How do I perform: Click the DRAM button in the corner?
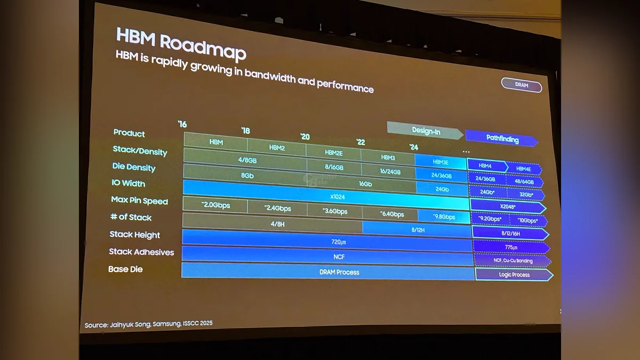(x=521, y=85)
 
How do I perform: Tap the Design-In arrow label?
(x=426, y=131)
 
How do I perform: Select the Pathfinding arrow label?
(x=502, y=139)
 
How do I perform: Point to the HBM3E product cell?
(x=441, y=162)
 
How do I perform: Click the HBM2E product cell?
(x=333, y=152)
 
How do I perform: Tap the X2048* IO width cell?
(x=507, y=206)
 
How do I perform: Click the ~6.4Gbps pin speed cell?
(x=391, y=214)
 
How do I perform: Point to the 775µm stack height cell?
(x=511, y=247)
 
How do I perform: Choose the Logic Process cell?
(x=514, y=275)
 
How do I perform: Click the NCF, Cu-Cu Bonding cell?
(x=513, y=261)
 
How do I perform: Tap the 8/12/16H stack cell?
(x=510, y=233)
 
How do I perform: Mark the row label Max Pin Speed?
(x=139, y=201)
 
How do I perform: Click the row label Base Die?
(x=125, y=269)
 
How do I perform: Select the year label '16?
(x=182, y=124)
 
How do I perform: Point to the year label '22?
(x=361, y=142)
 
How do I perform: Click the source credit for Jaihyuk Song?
(x=148, y=324)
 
